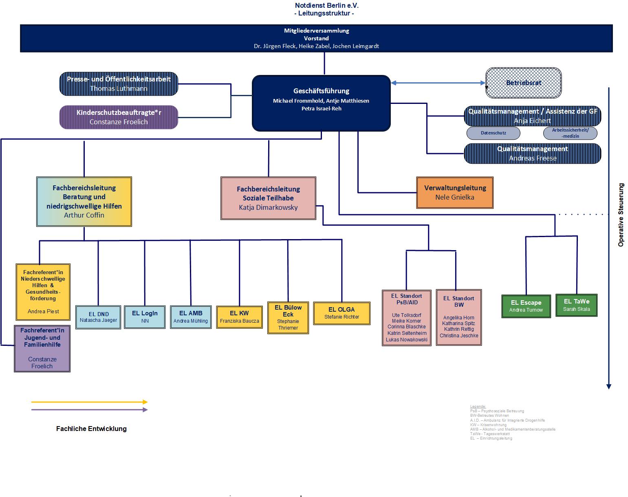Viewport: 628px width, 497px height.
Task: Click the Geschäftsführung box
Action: [321, 103]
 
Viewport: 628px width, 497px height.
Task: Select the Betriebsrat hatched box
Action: [523, 83]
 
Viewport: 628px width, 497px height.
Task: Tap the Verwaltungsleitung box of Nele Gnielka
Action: [455, 193]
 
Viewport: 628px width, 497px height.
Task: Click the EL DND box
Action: [98, 317]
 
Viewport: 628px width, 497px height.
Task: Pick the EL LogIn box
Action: [145, 317]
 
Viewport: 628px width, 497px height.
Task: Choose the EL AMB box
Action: [191, 317]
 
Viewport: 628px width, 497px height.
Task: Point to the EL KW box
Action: [239, 317]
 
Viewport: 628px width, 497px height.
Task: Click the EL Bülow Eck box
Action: [288, 317]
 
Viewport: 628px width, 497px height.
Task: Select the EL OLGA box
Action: [342, 313]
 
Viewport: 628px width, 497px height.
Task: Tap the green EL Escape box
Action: [526, 306]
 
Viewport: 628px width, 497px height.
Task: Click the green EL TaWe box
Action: [576, 305]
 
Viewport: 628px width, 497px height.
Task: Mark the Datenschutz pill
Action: [493, 133]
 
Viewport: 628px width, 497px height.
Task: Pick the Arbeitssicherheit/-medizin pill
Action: [570, 133]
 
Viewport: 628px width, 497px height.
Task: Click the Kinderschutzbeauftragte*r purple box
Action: [119, 117]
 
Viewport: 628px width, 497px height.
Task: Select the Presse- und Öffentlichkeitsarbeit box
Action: [119, 84]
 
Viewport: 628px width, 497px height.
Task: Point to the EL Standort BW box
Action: [459, 317]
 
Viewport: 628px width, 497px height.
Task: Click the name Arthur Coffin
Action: [84, 215]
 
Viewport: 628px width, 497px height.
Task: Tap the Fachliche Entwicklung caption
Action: [91, 429]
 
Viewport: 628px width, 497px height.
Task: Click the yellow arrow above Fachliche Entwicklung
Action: [89, 402]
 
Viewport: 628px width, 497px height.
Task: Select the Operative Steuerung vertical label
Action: [621, 215]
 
